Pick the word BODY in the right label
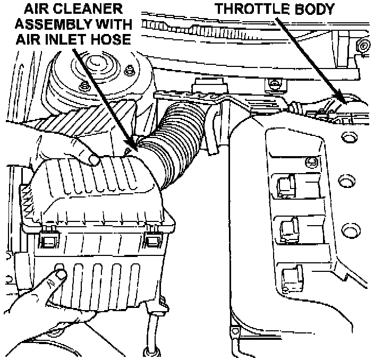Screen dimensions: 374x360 (x=316, y=9)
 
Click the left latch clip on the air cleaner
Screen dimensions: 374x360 (x=47, y=239)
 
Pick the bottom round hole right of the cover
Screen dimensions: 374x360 (x=349, y=231)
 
